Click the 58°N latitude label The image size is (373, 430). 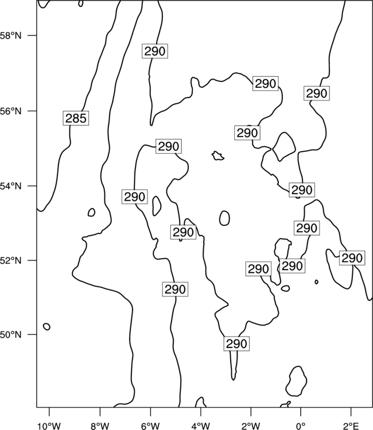pos(11,36)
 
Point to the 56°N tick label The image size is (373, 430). pos(11,111)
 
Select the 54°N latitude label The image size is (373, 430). pos(11,186)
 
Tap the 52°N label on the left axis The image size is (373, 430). pos(11,260)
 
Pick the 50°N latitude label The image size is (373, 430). pos(11,335)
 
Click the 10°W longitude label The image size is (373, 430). pos(49,426)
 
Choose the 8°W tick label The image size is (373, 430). pos(100,426)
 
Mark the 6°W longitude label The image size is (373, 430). pos(150,426)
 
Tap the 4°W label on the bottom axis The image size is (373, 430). pos(201,426)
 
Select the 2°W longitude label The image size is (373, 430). pos(251,426)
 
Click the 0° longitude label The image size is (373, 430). pos(301,426)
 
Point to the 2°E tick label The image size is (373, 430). pos(351,426)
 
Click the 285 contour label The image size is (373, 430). pos(76,118)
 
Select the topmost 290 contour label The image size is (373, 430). pos(155,51)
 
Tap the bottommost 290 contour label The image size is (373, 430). pos(236,343)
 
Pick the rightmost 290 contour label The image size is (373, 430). pos(352,258)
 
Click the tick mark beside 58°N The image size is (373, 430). pos(32,36)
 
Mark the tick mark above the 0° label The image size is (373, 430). pos(301,412)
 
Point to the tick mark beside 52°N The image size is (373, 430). pos(32,260)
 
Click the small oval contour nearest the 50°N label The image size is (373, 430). pos(46,327)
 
